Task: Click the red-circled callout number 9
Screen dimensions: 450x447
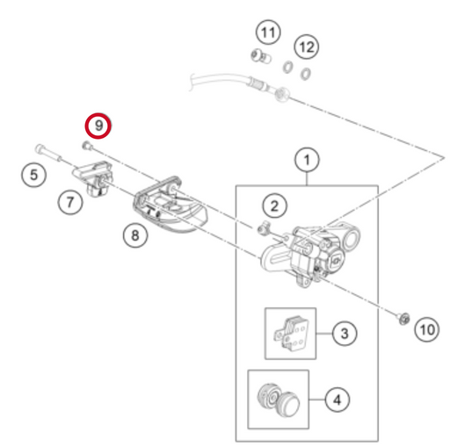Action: [x=98, y=126]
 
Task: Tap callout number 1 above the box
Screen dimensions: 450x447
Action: [x=307, y=161]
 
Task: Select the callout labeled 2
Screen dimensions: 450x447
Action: [x=274, y=205]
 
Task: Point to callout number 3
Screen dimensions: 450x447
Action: [x=345, y=333]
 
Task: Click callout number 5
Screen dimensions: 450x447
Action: [x=33, y=175]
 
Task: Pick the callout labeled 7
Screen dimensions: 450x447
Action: [x=70, y=202]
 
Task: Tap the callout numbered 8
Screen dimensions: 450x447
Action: [x=135, y=235]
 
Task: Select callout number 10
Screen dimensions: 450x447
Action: [x=427, y=329]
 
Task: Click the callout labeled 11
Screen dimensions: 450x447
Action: [x=268, y=32]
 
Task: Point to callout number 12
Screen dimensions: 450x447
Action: [x=307, y=47]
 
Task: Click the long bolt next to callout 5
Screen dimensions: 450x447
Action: [x=48, y=153]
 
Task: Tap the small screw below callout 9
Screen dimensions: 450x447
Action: [x=87, y=146]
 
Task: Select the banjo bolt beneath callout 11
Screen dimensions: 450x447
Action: [x=261, y=56]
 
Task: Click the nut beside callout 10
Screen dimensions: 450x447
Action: [x=403, y=318]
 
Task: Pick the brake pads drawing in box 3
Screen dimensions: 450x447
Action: [x=291, y=333]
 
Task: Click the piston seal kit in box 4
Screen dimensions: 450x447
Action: [x=279, y=399]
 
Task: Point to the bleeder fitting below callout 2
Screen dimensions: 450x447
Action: [x=264, y=228]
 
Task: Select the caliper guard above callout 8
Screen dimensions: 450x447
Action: [x=170, y=205]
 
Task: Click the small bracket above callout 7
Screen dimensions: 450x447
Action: [x=93, y=178]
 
